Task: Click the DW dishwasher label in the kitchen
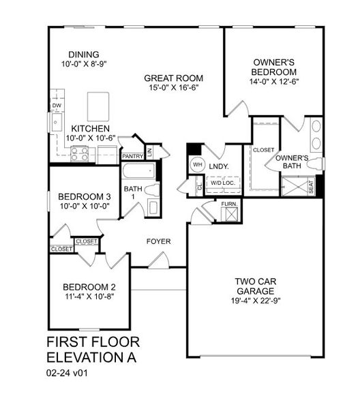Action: point(57,106)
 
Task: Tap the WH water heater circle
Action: point(197,164)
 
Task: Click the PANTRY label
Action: point(132,156)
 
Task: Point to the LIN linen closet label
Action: point(149,151)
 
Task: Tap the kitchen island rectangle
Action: point(98,106)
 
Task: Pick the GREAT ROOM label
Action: point(168,78)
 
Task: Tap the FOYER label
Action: point(159,241)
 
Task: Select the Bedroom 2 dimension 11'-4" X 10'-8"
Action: point(89,297)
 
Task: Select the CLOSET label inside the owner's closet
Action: point(263,149)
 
